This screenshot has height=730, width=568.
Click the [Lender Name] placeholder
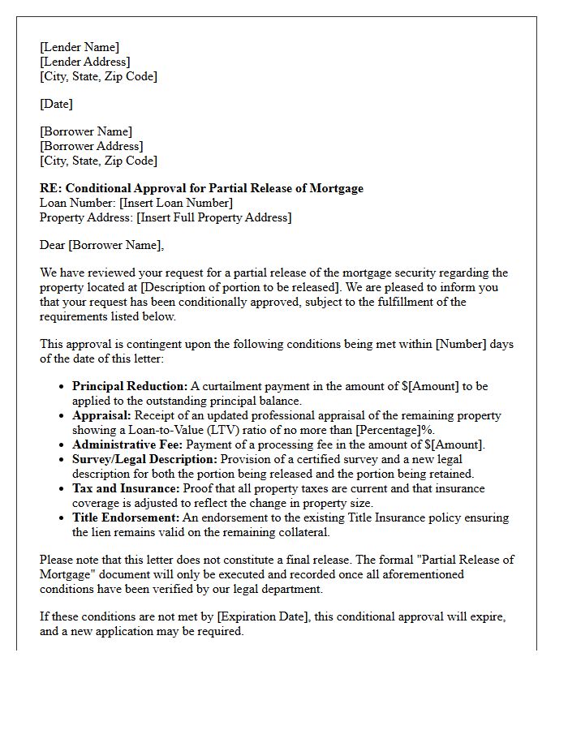80,47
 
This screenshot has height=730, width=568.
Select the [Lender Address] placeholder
84,62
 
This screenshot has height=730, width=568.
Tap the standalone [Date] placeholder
56,104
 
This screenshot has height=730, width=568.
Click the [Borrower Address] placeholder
91,146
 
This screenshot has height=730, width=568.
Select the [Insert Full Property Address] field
214,217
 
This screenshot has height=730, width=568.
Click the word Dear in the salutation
53,245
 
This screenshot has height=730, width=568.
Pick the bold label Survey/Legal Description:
144,459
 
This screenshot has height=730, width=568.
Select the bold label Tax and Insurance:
126,488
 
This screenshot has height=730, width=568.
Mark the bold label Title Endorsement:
127,517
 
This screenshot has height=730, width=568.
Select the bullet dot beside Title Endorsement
62,518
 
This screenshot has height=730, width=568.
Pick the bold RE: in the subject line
50,188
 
